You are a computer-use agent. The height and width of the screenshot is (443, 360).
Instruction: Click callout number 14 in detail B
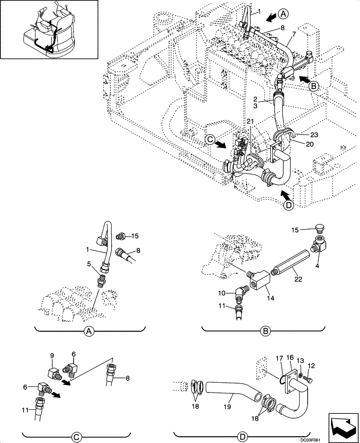[x=271, y=298]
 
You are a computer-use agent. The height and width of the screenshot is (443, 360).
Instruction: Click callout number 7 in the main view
[x=293, y=34]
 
